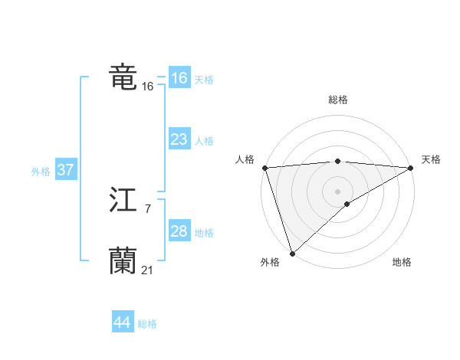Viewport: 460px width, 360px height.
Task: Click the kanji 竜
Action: point(123,77)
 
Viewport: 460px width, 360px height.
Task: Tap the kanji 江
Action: point(123,200)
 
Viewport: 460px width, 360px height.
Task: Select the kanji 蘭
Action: point(123,261)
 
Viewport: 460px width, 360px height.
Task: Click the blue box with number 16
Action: point(179,78)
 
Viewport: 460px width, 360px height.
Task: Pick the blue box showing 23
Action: point(179,139)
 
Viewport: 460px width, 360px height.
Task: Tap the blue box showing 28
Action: point(179,231)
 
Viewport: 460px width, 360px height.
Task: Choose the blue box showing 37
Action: point(66,170)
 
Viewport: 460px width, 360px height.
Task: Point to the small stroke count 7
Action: point(147,208)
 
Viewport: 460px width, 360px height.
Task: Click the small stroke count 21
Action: point(147,270)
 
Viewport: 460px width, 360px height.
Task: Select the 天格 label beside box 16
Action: point(204,80)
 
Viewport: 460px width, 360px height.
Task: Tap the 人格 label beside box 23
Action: point(204,141)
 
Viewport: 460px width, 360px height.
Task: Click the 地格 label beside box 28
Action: point(204,233)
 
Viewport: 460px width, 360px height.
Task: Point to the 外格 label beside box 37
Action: point(41,172)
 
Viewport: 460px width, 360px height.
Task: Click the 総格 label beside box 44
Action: point(147,324)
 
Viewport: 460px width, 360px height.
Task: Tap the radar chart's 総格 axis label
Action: point(337,100)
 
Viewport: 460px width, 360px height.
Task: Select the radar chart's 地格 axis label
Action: point(402,263)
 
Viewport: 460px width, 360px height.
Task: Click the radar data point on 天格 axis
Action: point(410,168)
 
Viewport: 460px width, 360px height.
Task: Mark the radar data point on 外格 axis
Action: point(292,253)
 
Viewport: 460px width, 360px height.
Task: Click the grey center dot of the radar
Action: point(337,191)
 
